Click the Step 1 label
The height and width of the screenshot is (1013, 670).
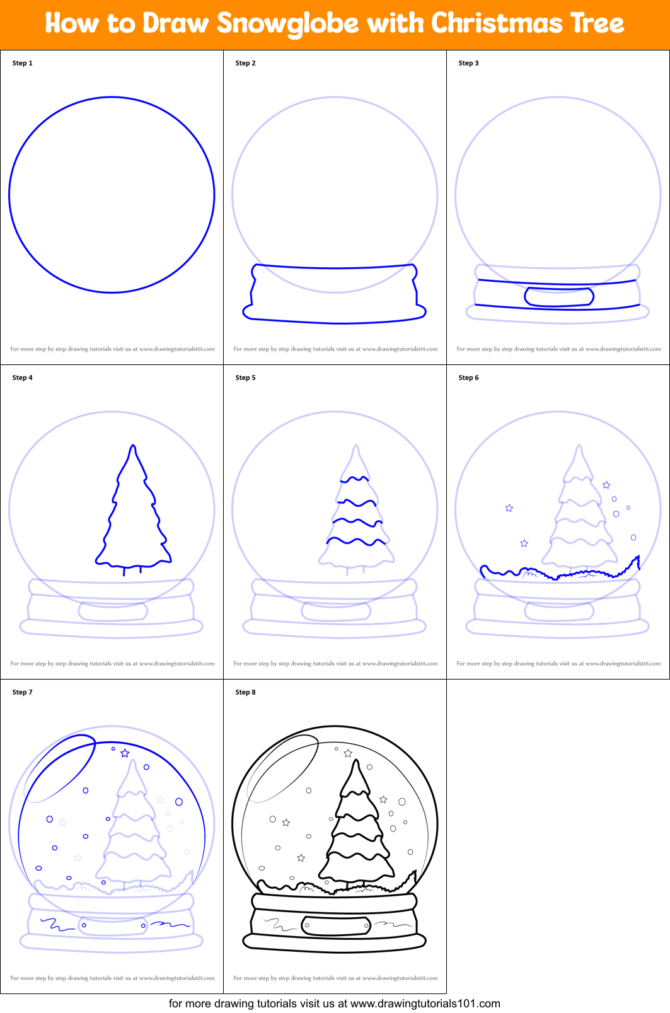[x=22, y=63]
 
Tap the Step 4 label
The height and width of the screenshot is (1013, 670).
[x=22, y=378]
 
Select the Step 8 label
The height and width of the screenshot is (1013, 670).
[x=245, y=692]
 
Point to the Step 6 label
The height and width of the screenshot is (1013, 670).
[x=468, y=378]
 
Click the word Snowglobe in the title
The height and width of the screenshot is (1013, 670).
[x=288, y=24]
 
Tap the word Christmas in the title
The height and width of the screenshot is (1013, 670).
[x=497, y=24]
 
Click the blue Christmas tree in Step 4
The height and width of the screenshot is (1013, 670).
[x=133, y=511]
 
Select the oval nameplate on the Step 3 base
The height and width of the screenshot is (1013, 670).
[x=558, y=297]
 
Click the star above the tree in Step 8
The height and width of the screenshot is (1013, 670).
[x=348, y=753]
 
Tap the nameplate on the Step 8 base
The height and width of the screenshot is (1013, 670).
[x=336, y=925]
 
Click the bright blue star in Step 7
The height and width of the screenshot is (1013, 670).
[x=125, y=753]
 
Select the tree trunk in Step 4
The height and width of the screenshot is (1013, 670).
[x=132, y=570]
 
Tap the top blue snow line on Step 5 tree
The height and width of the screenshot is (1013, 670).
[x=355, y=480]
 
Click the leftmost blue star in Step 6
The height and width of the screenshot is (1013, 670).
[x=509, y=508]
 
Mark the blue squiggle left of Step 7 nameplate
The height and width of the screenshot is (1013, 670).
[x=57, y=925]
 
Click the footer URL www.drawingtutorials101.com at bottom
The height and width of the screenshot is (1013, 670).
[x=425, y=1004]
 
